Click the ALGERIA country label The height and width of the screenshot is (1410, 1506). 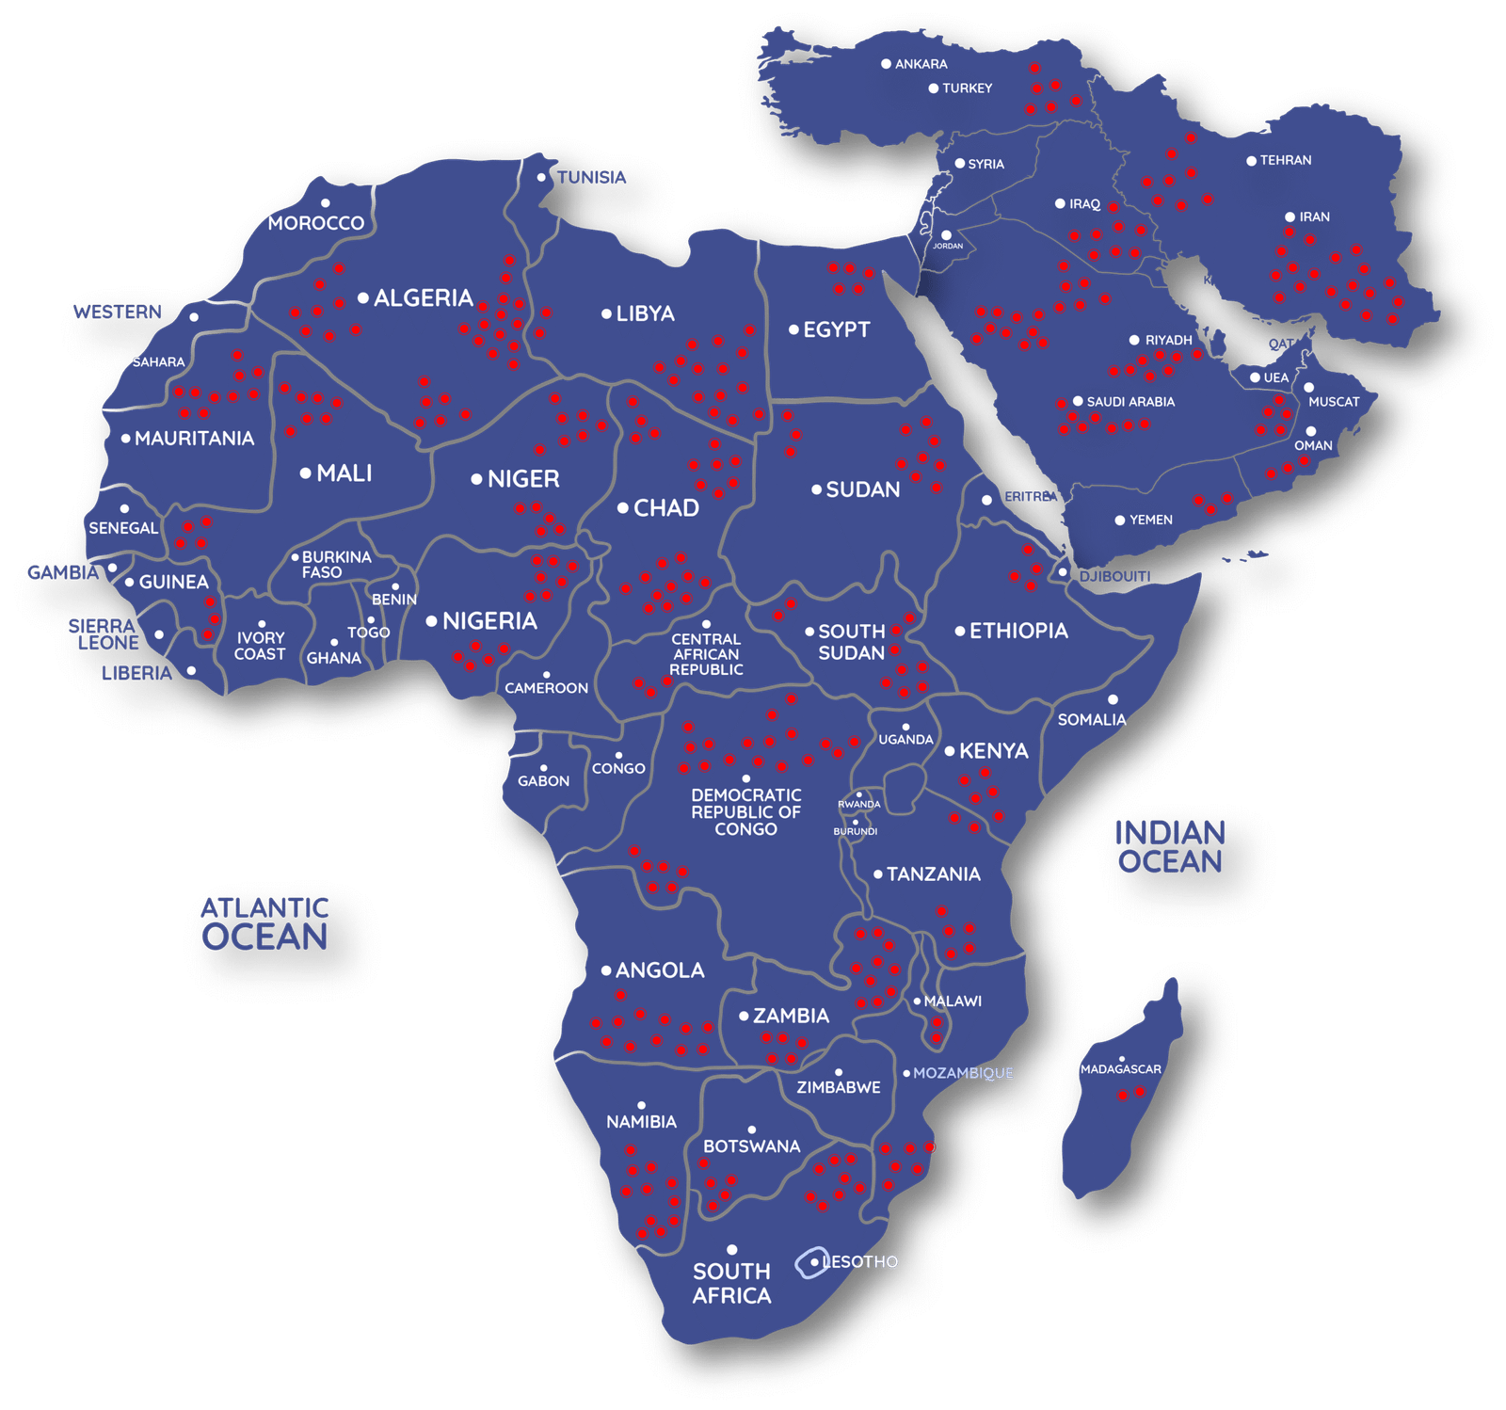[423, 298]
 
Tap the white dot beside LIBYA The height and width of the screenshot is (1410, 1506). [607, 313]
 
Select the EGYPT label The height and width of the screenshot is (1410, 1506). [836, 329]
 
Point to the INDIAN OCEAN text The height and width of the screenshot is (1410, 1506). [1170, 847]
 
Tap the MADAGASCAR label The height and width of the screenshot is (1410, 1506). [1120, 1069]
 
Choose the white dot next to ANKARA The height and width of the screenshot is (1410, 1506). [886, 64]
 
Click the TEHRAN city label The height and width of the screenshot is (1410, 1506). [1285, 160]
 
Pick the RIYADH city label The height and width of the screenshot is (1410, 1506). [1168, 340]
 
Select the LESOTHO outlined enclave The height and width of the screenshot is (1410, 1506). [809, 1263]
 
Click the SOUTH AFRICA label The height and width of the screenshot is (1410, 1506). [731, 1283]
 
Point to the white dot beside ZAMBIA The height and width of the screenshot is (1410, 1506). [744, 1017]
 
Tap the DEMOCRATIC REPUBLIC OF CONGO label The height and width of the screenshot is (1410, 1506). [745, 811]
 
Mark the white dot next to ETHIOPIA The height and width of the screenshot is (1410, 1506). [960, 632]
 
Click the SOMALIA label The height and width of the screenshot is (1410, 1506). [1091, 720]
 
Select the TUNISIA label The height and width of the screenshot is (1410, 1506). [591, 177]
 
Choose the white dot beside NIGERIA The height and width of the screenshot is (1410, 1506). [431, 621]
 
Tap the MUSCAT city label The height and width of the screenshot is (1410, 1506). [1334, 402]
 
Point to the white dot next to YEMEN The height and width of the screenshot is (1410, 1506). [1120, 521]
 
